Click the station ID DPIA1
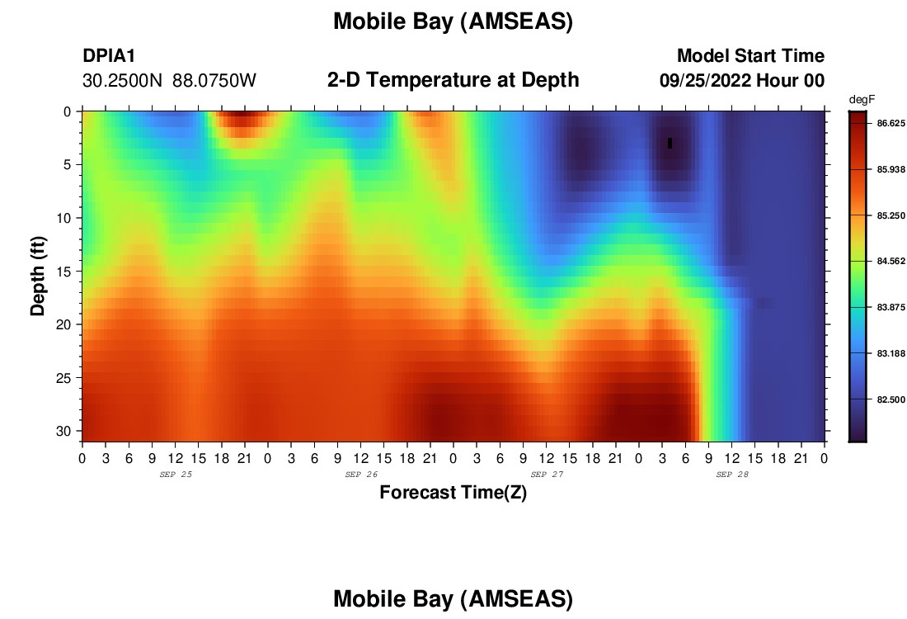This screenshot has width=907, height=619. [x=109, y=55]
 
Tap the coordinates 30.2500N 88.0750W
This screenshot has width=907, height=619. [x=169, y=81]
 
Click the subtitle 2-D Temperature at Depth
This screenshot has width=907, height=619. [x=453, y=80]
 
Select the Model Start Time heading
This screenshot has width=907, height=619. [x=750, y=55]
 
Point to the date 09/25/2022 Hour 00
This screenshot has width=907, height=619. [x=742, y=81]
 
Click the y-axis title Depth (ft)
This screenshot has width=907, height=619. [x=38, y=276]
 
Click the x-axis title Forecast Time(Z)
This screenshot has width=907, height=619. [x=453, y=492]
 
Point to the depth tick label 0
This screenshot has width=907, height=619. [x=67, y=111]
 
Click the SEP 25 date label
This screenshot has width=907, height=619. [x=176, y=475]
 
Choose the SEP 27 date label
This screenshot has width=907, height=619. [x=547, y=475]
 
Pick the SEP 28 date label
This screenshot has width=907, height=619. [x=732, y=475]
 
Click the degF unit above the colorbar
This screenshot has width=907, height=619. [x=862, y=100]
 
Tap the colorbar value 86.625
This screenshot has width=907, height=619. [x=891, y=123]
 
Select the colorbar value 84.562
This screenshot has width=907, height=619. [x=891, y=261]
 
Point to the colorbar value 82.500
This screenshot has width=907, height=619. [x=891, y=399]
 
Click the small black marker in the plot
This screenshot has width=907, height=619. [x=670, y=143]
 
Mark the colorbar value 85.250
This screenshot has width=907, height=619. [x=891, y=215]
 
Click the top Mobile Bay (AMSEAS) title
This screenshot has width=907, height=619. [x=453, y=21]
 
